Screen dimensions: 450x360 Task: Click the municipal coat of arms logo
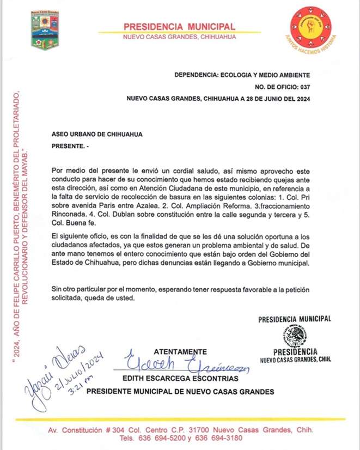click(x=45, y=31)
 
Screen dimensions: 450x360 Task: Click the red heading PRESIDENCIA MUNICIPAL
click(x=179, y=27)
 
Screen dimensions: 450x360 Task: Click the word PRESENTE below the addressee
click(x=68, y=147)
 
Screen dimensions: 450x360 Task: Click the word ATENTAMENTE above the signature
click(x=181, y=351)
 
